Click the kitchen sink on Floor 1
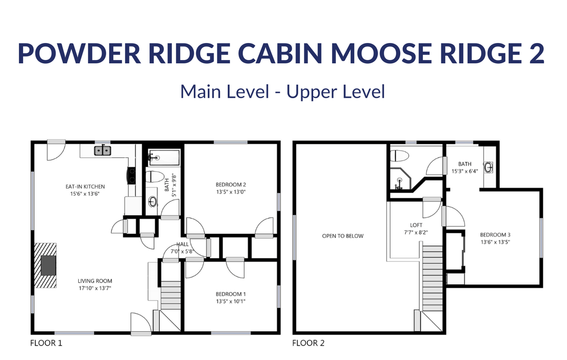click(x=103, y=150)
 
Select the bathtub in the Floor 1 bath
click(x=164, y=157)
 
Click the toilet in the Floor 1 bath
click(x=155, y=176)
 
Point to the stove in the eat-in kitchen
click(x=131, y=176)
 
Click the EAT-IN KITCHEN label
click(x=85, y=187)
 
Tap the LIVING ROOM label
click(x=95, y=281)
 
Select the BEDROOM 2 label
click(x=231, y=185)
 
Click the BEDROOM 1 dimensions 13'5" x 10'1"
click(x=231, y=301)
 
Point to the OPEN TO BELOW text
click(x=343, y=236)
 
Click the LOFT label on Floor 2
click(x=416, y=225)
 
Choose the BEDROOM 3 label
click(x=495, y=235)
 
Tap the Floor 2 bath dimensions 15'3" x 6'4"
click(x=465, y=171)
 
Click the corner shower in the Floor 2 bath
click(x=401, y=179)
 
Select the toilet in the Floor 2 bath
click(x=399, y=156)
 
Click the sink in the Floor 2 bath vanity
click(x=489, y=168)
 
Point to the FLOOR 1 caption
click(x=46, y=343)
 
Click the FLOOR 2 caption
click(x=308, y=343)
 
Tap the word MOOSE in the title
click(x=381, y=53)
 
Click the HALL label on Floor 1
click(x=182, y=244)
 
